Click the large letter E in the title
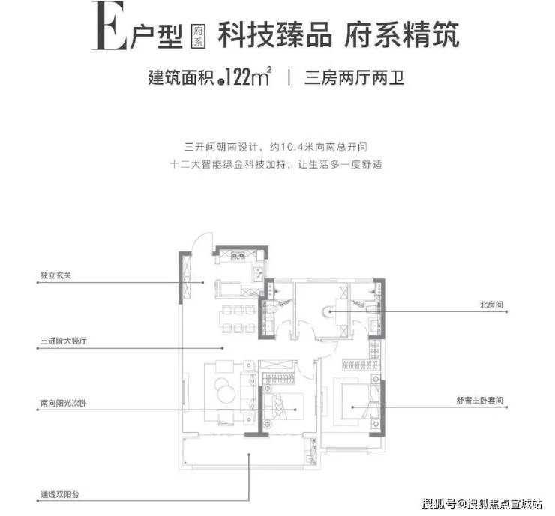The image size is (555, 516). (x=109, y=25)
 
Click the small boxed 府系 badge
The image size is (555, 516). (x=198, y=36)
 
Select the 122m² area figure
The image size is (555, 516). (x=248, y=76)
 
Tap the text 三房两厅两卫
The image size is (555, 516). (x=354, y=77)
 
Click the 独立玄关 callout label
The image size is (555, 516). (x=56, y=275)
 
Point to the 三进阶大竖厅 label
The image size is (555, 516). (x=64, y=340)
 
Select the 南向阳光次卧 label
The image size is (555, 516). (x=64, y=403)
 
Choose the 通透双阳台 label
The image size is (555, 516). (x=60, y=494)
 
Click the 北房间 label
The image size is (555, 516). (x=491, y=304)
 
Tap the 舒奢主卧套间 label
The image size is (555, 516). (x=479, y=400)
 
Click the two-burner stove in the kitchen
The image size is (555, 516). (x=238, y=255)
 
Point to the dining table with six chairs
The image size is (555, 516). (x=238, y=319)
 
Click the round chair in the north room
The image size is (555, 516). (x=328, y=311)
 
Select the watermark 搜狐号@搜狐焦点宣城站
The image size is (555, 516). (x=482, y=503)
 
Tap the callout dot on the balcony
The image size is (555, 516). (x=249, y=454)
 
